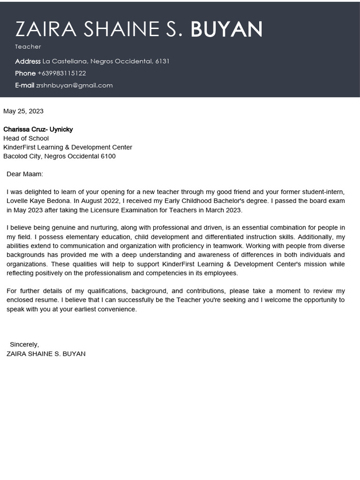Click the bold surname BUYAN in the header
point(226,29)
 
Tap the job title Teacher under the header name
point(28,46)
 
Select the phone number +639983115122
point(61,73)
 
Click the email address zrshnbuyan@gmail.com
point(74,85)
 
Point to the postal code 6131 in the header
point(162,61)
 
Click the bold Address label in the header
point(28,61)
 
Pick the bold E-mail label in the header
point(24,85)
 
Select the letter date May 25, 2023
point(23,111)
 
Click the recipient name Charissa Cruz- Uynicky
point(38,129)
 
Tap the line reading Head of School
point(26,138)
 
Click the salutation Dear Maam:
point(25,174)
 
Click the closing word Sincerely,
point(24,345)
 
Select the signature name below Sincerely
point(46,354)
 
